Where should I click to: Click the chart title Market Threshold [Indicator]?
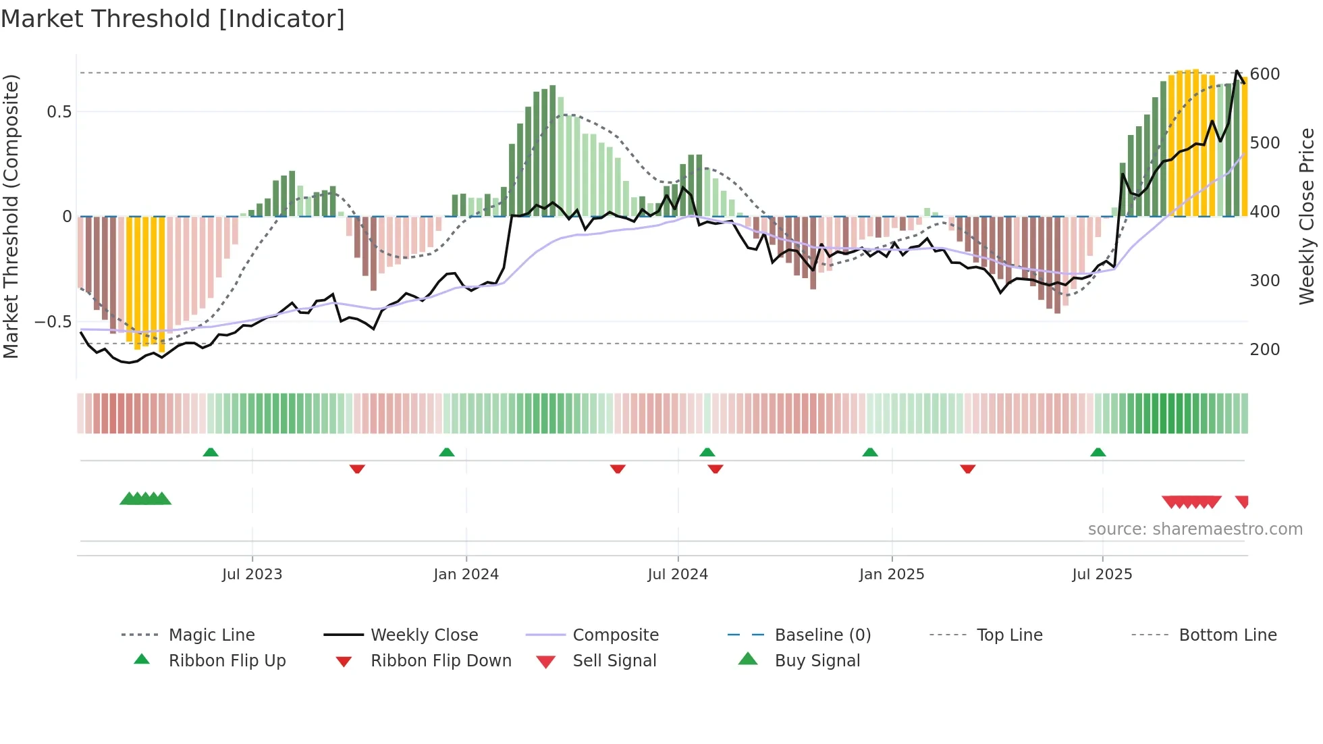(x=173, y=19)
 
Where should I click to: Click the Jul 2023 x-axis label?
(x=252, y=575)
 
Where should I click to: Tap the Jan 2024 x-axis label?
(x=466, y=575)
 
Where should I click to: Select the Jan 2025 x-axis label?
(x=891, y=575)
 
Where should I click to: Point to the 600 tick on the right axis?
(x=1264, y=74)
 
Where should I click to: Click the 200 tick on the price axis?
(x=1264, y=350)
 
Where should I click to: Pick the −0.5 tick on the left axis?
(x=53, y=322)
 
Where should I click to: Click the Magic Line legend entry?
(x=211, y=635)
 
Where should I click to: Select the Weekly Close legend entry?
(x=424, y=635)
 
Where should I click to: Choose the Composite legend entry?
(x=615, y=635)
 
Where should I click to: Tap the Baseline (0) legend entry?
(x=822, y=635)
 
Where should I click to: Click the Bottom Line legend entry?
(x=1227, y=635)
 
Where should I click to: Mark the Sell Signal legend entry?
(x=614, y=661)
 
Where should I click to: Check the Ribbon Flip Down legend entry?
(x=440, y=661)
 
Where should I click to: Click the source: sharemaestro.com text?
(x=1195, y=529)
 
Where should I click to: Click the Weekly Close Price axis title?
(x=1307, y=216)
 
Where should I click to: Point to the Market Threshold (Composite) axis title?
(x=11, y=216)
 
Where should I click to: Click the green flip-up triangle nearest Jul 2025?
(x=1098, y=452)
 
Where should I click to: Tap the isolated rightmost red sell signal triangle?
(x=1242, y=501)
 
